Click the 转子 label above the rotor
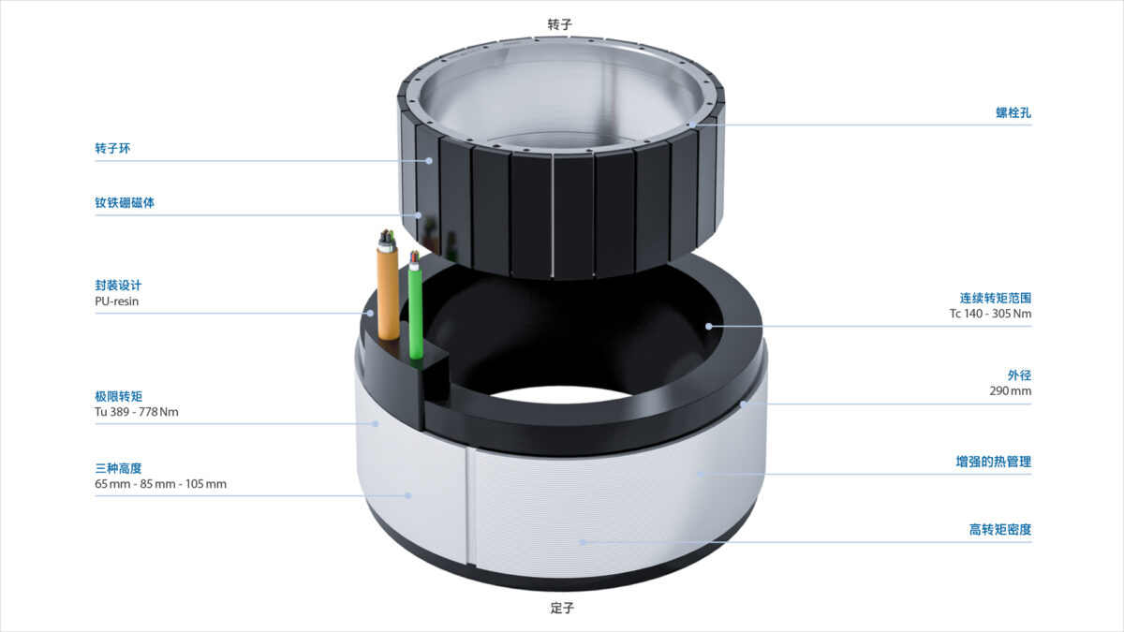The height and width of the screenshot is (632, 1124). (559, 24)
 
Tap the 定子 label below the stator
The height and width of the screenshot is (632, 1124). (562, 608)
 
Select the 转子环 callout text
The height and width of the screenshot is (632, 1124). (112, 149)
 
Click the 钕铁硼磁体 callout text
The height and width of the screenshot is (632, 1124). (125, 202)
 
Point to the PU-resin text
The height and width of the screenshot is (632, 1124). (116, 301)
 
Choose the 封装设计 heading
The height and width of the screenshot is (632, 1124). (118, 286)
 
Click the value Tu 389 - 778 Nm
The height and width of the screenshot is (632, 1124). (137, 412)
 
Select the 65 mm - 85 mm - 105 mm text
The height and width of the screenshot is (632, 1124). (160, 484)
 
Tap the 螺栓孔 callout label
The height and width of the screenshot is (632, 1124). (1013, 113)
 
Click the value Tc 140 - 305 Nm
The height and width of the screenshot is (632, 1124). (991, 314)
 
